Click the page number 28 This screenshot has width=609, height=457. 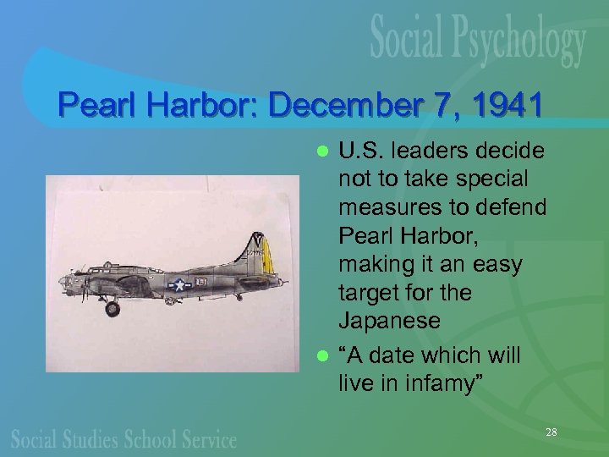click(551, 432)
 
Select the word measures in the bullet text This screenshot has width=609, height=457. click(379, 207)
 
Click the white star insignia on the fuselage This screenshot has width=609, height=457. click(178, 285)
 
